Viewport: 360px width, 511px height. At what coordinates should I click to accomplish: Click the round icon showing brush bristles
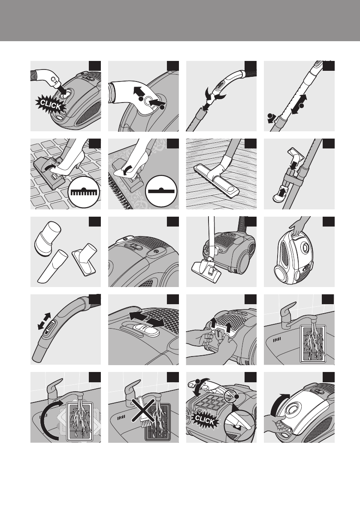tap(84, 192)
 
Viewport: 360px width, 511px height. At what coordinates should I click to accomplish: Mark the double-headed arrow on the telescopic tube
tap(299, 104)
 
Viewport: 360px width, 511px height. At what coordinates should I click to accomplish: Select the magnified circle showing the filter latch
tap(239, 424)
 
